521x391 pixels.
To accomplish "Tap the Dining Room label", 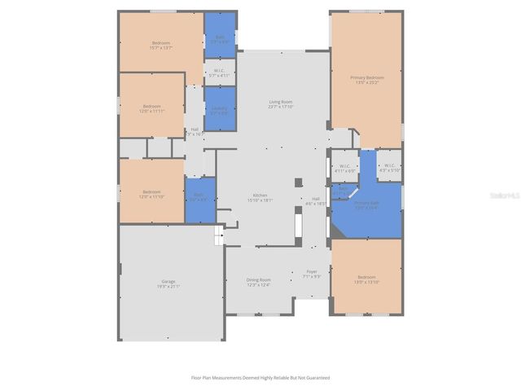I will [x=258, y=280].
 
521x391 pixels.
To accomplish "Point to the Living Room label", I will [x=281, y=102].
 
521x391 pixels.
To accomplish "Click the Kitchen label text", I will [x=260, y=195].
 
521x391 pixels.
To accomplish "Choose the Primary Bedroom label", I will [x=366, y=77].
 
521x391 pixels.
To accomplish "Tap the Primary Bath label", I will [x=366, y=203].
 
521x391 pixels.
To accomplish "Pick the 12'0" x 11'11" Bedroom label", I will [x=152, y=106].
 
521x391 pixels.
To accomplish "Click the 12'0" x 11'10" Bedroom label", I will [x=152, y=192].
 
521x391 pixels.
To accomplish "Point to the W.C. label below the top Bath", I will [x=220, y=70].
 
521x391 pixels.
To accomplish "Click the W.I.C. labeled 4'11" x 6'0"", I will [x=344, y=167].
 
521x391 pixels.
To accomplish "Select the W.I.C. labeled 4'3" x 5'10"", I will [x=389, y=167].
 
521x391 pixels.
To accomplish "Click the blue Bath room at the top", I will [x=220, y=35].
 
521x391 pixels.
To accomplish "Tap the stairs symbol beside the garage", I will [x=218, y=236].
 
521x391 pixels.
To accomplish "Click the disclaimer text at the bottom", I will [x=260, y=377].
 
